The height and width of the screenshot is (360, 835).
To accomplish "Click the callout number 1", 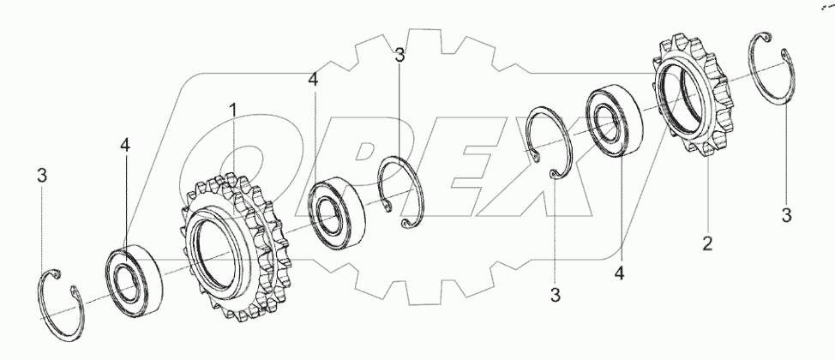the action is coord(232,111).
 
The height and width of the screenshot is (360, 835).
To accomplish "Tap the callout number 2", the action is coord(706,244).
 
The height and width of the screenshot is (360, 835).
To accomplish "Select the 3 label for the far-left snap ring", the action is coord(42,175).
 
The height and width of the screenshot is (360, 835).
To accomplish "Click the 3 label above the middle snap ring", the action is coord(399,54).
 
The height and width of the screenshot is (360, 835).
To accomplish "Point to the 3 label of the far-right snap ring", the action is coord(786,216).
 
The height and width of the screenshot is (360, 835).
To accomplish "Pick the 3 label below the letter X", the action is coord(556,295).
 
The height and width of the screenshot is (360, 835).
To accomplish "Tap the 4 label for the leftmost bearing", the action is coord(124,146).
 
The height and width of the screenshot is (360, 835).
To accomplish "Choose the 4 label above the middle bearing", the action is coord(313,80).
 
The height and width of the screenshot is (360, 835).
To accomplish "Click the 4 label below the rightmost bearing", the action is coord(619,273).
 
